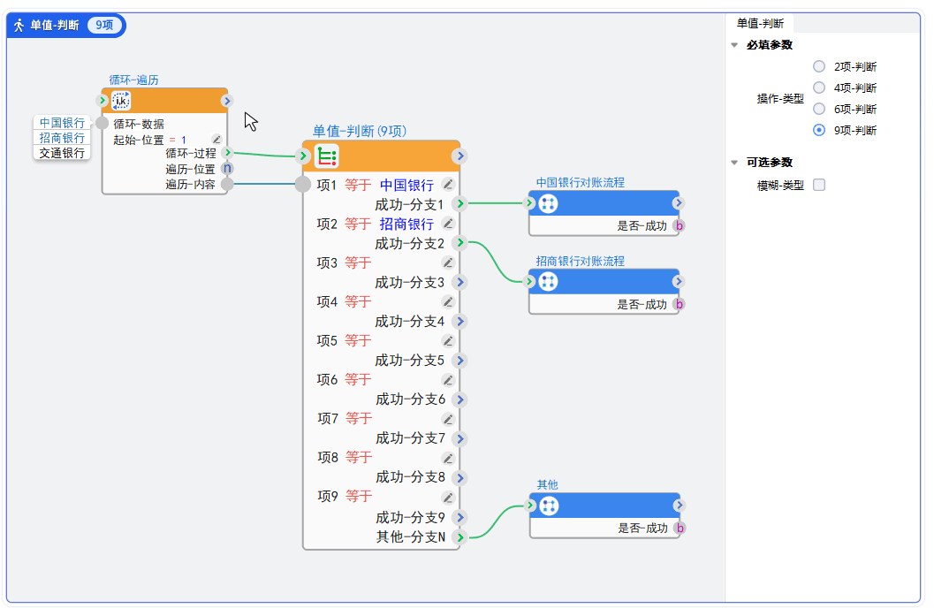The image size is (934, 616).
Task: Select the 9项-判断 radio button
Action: pyautogui.click(x=819, y=130)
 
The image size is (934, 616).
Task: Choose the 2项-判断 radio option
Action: pyautogui.click(x=819, y=66)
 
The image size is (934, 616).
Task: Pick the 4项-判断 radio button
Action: pyautogui.click(x=819, y=87)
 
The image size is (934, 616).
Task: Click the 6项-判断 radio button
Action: pyautogui.click(x=819, y=109)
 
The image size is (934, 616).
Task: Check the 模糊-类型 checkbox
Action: pyautogui.click(x=819, y=185)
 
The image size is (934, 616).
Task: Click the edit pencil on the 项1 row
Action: pyautogui.click(x=448, y=185)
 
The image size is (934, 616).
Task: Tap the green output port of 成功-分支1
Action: pyautogui.click(x=459, y=204)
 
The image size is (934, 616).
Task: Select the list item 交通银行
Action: pyautogui.click(x=62, y=153)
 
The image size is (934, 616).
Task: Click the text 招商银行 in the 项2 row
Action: pyautogui.click(x=406, y=224)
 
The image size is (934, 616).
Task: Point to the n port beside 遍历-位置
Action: pyautogui.click(x=227, y=168)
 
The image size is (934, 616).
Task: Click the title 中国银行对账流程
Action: pyautogui.click(x=580, y=183)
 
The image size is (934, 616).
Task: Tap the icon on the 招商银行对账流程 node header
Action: pyautogui.click(x=548, y=282)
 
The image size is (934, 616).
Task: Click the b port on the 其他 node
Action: pyautogui.click(x=680, y=529)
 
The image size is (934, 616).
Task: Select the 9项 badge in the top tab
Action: pyautogui.click(x=104, y=25)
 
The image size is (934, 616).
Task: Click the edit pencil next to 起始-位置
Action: pyautogui.click(x=216, y=140)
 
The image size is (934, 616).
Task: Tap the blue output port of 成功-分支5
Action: pyautogui.click(x=459, y=361)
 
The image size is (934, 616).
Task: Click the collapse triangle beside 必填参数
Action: pyautogui.click(x=734, y=45)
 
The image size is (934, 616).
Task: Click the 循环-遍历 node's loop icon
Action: pyautogui.click(x=121, y=101)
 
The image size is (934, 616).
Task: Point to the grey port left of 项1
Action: pyautogui.click(x=302, y=185)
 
